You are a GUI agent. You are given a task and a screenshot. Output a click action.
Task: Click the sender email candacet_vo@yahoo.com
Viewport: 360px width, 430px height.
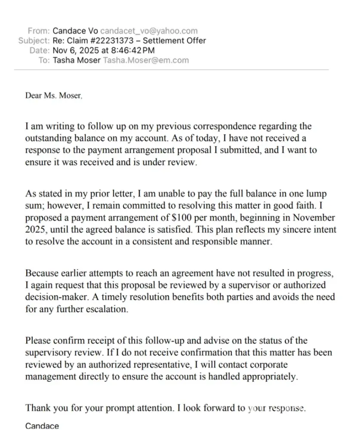(149, 31)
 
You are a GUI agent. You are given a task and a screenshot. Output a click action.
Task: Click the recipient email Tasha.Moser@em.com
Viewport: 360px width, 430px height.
(146, 60)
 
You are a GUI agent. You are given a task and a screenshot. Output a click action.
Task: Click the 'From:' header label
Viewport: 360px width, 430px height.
(38, 31)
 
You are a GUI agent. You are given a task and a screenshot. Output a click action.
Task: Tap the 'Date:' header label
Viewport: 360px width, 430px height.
(40, 51)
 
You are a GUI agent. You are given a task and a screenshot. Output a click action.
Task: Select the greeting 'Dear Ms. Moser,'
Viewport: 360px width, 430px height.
(53, 95)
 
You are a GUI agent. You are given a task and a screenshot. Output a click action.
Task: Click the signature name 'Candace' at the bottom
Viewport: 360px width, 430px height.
(42, 426)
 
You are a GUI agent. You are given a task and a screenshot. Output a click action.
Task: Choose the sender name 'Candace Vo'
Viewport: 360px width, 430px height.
(75, 31)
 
